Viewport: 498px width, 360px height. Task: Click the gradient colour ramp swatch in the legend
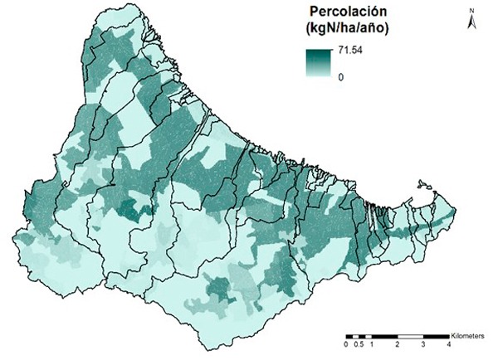[318, 64]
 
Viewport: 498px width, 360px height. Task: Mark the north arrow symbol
[470, 22]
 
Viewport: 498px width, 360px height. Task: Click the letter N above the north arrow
[470, 10]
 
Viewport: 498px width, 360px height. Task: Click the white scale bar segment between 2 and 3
[410, 335]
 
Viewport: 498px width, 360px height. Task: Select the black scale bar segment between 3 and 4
[436, 335]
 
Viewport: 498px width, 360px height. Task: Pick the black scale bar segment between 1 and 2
[384, 335]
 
